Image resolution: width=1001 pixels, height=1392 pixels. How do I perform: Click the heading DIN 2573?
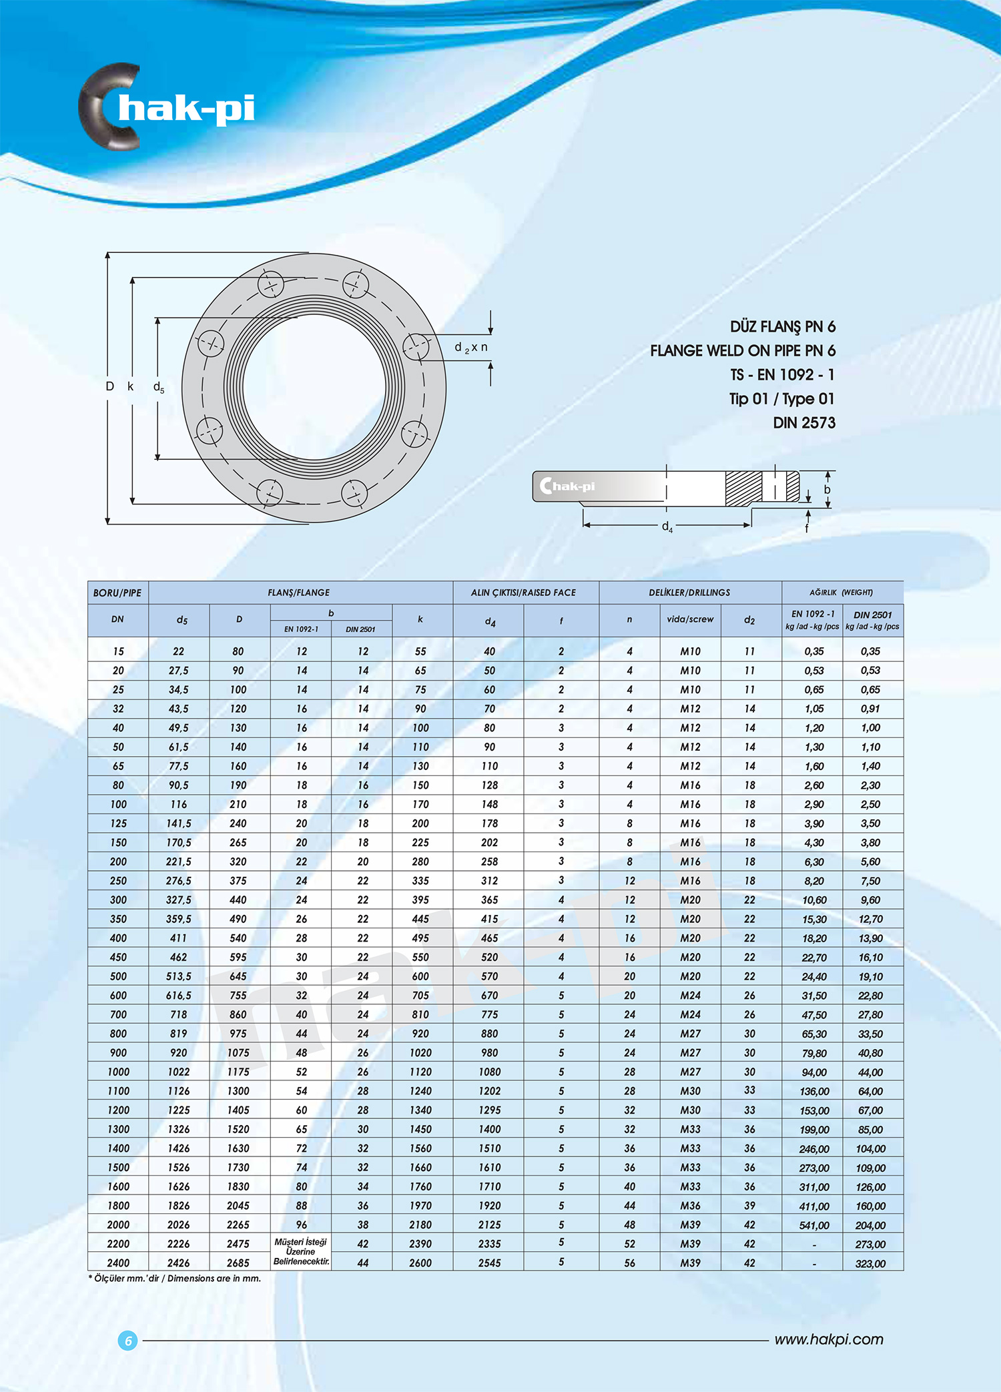tap(803, 423)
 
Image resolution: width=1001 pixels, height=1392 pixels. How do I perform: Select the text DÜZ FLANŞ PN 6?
tap(782, 327)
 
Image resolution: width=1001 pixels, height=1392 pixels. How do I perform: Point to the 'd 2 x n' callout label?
tap(470, 348)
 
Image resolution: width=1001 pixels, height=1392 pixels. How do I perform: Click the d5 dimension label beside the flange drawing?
tap(159, 387)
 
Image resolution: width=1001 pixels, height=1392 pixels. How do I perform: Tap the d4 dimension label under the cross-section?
tap(667, 527)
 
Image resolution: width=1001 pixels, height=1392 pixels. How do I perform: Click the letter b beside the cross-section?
tap(827, 489)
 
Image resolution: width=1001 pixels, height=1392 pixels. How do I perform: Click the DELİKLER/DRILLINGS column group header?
tap(689, 593)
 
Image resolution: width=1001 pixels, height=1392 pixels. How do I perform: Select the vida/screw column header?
tap(690, 619)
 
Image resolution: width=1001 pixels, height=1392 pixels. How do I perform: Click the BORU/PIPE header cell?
tap(117, 593)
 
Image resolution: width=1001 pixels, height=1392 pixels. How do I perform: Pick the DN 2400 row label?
tap(118, 1263)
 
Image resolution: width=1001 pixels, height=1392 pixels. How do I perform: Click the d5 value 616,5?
tap(179, 995)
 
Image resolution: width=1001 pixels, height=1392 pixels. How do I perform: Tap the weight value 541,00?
tap(814, 1225)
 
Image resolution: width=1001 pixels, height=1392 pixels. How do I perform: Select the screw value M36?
tap(690, 1206)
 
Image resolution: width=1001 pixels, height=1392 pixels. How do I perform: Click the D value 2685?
tap(238, 1263)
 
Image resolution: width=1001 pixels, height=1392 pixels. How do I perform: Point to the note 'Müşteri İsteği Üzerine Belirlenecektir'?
tap(301, 1252)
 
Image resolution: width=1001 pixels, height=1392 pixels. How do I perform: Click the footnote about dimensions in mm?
tap(175, 1279)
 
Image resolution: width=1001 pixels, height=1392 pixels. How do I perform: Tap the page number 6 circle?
tap(128, 1340)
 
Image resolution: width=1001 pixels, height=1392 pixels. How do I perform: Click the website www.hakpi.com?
tap(828, 1339)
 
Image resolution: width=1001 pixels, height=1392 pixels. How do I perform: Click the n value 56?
tap(629, 1263)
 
